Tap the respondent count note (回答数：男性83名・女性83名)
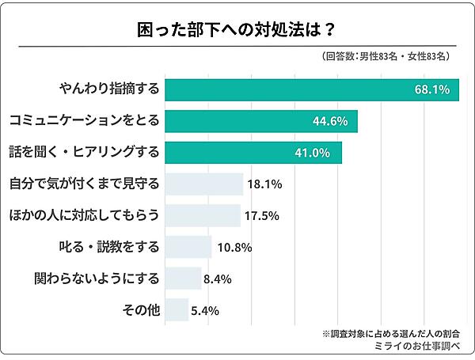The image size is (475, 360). pos(387,57)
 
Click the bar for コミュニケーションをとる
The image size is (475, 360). pos(261,121)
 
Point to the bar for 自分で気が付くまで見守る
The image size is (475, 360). pos(203,184)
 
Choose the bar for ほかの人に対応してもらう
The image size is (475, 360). pos(202,214)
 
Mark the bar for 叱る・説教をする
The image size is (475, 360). pos(188,246)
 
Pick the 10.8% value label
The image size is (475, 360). pos(234,247)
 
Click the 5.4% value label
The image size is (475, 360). pos(204,309)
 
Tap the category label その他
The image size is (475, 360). pos(141,309)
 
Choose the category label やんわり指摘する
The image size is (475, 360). pos(110,89)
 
